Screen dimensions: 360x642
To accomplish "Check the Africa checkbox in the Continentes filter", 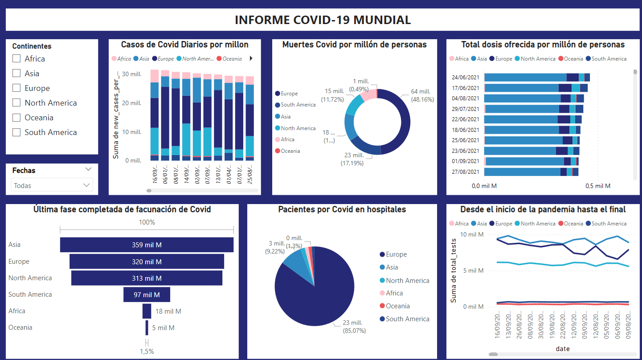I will [16, 59].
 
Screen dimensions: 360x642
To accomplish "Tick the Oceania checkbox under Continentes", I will [16, 118].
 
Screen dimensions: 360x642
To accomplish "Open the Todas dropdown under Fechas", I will [52, 185].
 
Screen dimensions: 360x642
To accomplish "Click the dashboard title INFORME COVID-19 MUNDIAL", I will [323, 20].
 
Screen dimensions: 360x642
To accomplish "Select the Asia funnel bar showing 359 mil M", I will [147, 245].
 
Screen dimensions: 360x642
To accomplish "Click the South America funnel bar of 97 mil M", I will [147, 295].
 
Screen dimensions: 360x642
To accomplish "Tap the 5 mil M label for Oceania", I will [163, 328].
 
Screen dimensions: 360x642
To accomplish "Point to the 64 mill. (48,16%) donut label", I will [417, 95].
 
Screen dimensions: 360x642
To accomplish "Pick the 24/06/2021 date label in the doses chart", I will [466, 77].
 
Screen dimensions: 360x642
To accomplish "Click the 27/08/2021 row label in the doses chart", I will [466, 172].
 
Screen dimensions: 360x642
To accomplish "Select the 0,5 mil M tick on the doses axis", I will [598, 186].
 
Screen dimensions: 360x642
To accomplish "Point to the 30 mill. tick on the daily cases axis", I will [132, 74].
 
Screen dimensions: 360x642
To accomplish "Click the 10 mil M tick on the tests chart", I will [472, 235].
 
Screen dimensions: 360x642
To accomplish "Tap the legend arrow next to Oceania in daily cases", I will [251, 58].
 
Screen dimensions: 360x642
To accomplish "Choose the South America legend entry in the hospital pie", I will [407, 319].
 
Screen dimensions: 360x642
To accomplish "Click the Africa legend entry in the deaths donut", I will [287, 139].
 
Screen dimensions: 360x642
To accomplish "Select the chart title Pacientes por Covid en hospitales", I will [342, 209].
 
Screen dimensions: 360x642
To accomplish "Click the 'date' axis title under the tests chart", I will [563, 349].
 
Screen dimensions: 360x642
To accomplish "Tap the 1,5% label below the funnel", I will [147, 352].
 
